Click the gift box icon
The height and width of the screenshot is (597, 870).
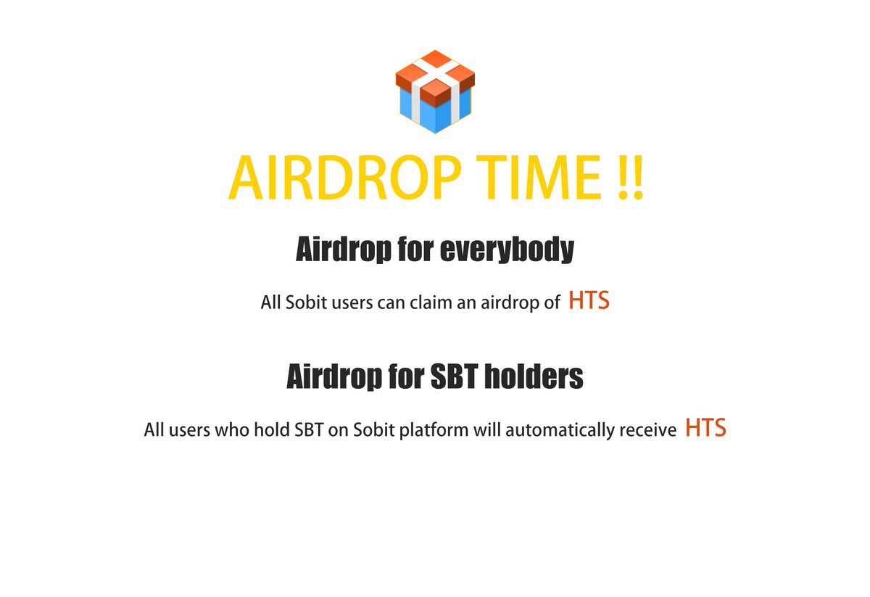point(435,92)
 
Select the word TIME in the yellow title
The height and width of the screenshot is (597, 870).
point(529,178)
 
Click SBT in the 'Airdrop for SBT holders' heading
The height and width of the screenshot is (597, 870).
point(452,377)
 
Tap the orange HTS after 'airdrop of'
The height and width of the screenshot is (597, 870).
point(589,301)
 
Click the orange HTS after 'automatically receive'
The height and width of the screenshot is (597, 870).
point(705,429)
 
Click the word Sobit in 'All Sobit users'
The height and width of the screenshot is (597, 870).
point(304,302)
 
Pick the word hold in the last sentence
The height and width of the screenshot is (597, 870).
point(271,430)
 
